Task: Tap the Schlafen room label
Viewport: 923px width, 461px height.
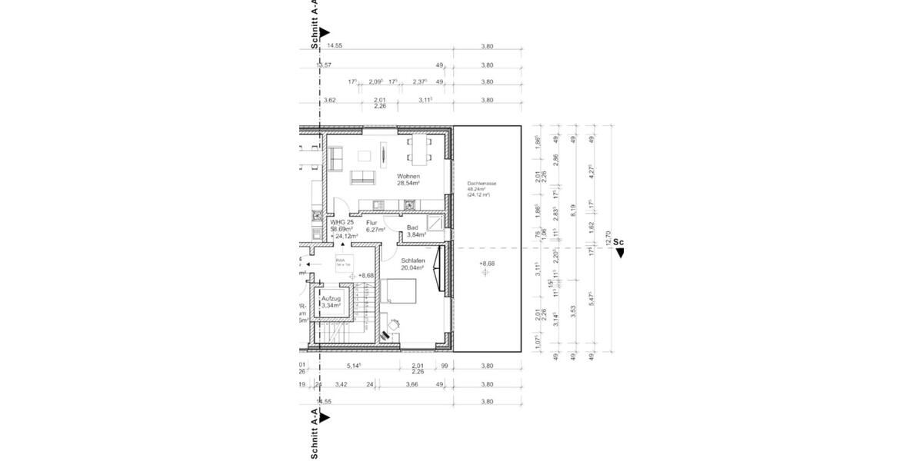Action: click(x=413, y=260)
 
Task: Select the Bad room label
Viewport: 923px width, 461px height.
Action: click(x=412, y=227)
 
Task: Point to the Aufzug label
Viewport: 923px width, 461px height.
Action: click(x=332, y=297)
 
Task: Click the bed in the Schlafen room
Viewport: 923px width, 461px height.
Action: click(x=401, y=293)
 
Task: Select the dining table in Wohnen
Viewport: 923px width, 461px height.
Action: click(x=419, y=149)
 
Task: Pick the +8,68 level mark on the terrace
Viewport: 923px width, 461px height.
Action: click(x=485, y=264)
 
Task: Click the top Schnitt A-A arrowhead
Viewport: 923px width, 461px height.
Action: click(x=325, y=33)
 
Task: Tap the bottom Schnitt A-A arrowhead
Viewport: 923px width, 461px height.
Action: click(x=325, y=417)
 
